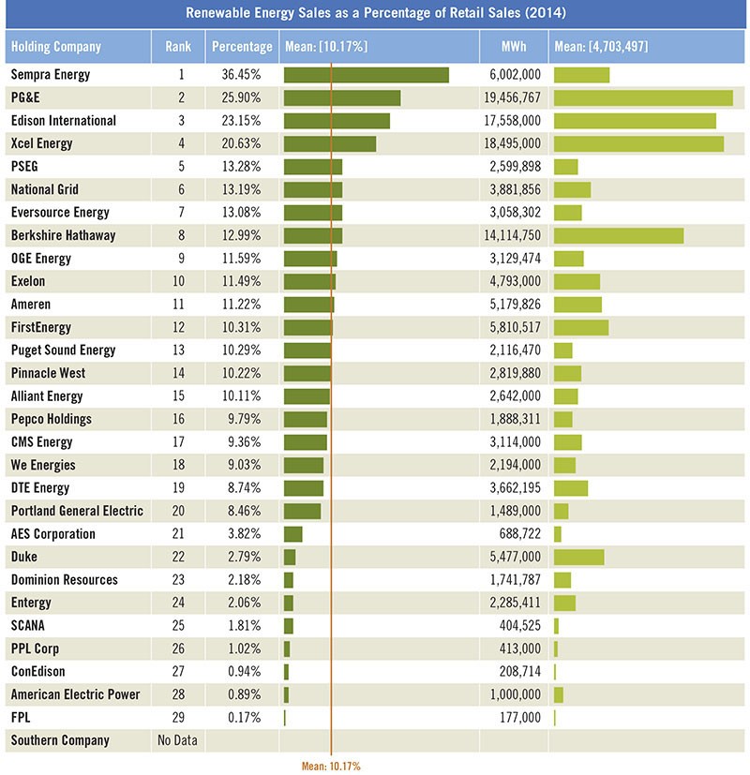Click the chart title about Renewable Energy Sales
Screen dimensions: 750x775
tap(376, 13)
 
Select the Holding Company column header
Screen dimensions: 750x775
tap(56, 47)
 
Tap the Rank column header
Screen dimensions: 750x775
tap(178, 47)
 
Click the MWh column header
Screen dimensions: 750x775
tap(514, 47)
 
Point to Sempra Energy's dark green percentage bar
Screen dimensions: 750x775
tap(367, 75)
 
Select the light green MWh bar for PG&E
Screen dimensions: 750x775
tap(643, 97)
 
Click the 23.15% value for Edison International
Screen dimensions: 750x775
tap(241, 121)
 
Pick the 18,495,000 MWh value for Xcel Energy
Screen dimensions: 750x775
tap(512, 143)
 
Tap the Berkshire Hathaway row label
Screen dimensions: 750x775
tap(64, 235)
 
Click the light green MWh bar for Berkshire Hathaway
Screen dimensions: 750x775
tap(619, 236)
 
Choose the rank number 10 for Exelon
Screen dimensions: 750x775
tap(178, 281)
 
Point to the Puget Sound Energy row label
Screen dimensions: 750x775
tap(64, 350)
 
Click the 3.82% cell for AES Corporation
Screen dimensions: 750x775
tap(244, 534)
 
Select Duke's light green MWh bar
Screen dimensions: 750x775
tap(579, 557)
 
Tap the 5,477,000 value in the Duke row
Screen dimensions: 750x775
tap(516, 557)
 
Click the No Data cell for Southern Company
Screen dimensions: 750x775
tap(177, 740)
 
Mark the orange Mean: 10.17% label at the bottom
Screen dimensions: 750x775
tap(331, 767)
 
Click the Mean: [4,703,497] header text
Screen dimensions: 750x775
tap(601, 47)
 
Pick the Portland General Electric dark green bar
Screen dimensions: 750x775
tap(302, 511)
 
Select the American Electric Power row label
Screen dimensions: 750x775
tap(76, 694)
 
